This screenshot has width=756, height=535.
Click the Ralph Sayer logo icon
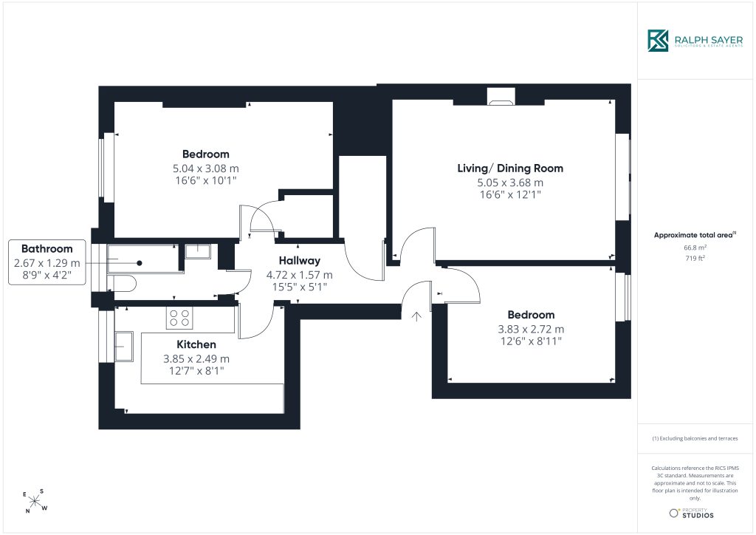tap(658, 41)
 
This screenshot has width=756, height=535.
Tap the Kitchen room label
tap(196, 344)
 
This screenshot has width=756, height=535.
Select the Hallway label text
tap(300, 261)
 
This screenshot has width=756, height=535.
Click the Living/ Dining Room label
tap(510, 168)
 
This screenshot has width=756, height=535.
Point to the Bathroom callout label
tap(47, 249)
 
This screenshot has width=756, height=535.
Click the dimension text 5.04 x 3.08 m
tap(206, 168)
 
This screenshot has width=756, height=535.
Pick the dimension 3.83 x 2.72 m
tap(531, 329)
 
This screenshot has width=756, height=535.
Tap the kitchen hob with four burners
tap(179, 318)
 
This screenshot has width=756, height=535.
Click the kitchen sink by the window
tap(124, 346)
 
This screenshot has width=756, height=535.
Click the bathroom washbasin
tap(198, 251)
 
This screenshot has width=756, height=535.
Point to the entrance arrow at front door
tap(416, 316)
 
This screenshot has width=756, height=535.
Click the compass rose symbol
tap(35, 502)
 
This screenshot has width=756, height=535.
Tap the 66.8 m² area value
tap(695, 248)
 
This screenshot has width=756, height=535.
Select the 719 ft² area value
tap(695, 258)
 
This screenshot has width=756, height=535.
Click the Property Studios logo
tap(691, 514)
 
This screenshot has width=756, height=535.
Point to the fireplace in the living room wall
tap(501, 97)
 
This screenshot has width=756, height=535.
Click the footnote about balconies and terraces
tap(695, 438)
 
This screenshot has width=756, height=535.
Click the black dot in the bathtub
tap(140, 263)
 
